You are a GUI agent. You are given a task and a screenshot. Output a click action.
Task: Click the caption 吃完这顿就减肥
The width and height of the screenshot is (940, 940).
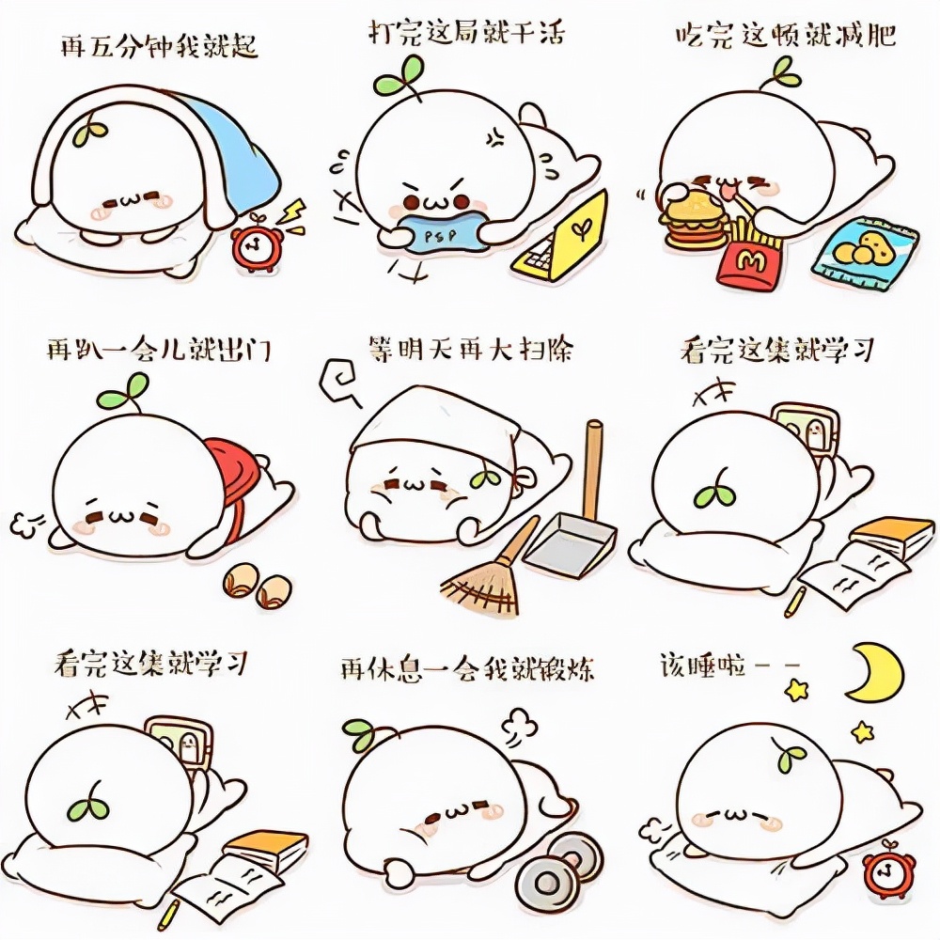(x=784, y=36)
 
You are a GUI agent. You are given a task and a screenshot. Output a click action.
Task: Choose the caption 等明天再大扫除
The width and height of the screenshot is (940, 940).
(x=470, y=350)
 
